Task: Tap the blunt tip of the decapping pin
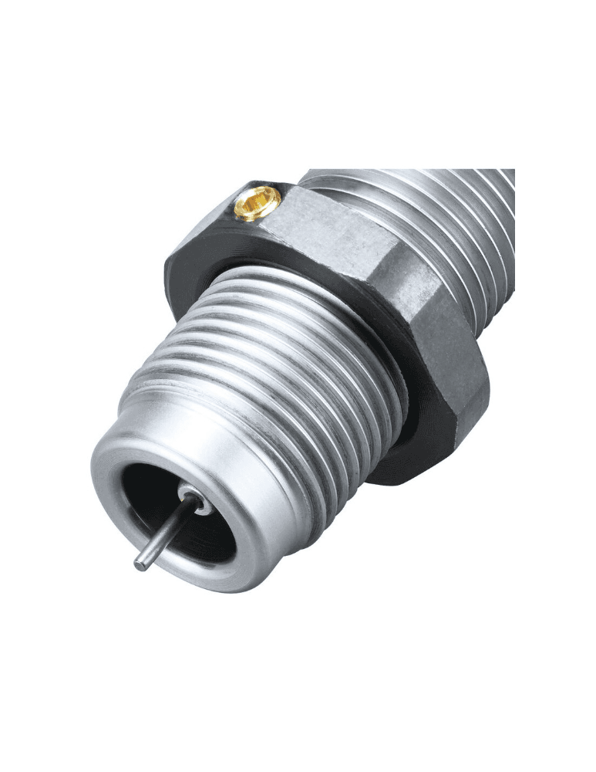[x=140, y=565]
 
